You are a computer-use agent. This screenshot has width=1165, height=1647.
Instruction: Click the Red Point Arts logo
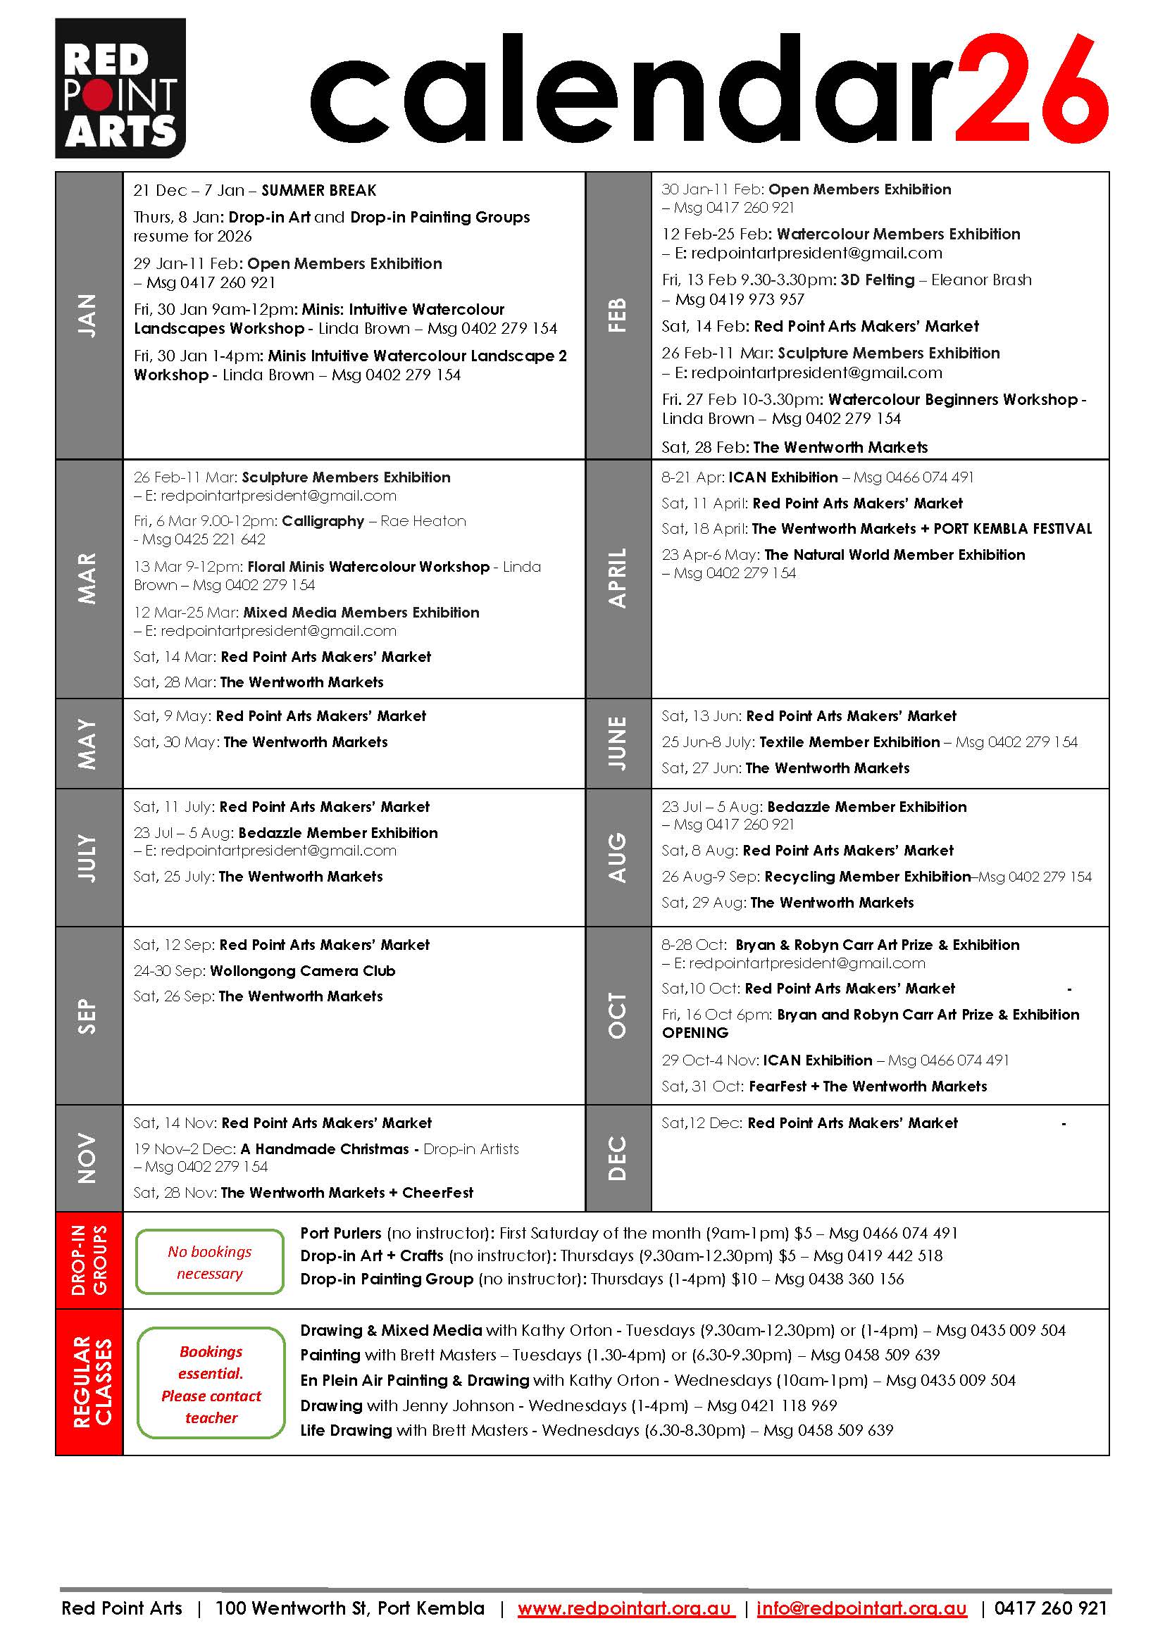click(x=120, y=87)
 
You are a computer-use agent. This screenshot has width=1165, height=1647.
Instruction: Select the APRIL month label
click(x=617, y=578)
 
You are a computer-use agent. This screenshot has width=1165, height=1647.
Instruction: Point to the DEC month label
click(x=617, y=1158)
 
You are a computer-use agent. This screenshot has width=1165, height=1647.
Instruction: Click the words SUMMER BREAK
click(x=318, y=190)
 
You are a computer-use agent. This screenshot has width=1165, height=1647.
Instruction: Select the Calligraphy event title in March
click(x=323, y=521)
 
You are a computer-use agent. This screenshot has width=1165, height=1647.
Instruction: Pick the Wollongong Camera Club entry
click(x=302, y=970)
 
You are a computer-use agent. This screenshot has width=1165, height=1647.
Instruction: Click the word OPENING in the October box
click(x=694, y=1032)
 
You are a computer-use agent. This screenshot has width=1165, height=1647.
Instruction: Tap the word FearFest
click(x=777, y=1086)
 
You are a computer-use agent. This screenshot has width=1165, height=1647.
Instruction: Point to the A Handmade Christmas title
click(x=325, y=1148)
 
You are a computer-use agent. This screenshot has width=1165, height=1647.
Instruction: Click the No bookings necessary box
click(x=209, y=1262)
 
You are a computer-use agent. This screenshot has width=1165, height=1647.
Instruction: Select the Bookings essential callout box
click(x=211, y=1384)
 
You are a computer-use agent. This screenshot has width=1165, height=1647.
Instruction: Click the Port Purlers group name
click(x=341, y=1232)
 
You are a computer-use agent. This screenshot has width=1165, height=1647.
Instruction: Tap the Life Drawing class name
click(x=346, y=1429)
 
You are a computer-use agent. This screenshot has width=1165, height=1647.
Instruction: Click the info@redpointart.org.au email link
click(x=861, y=1608)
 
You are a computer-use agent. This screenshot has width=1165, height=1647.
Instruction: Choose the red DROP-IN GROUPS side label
click(x=89, y=1260)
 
